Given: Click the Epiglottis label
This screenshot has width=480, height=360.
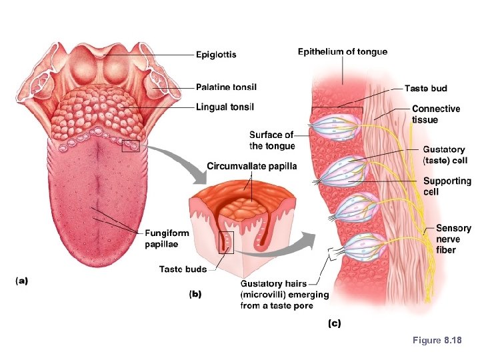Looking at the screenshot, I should pos(216,54).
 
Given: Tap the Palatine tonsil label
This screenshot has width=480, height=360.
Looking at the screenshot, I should pos(227,87).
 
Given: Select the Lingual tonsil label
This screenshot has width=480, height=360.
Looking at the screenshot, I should pos(225,107).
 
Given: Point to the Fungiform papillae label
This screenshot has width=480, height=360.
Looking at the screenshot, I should pos(167,238).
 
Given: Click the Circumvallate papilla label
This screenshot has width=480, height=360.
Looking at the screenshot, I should pos(251,166).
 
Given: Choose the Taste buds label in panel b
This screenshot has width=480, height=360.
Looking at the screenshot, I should pos(182,269).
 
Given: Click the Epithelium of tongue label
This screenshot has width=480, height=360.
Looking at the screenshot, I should pos(342,51).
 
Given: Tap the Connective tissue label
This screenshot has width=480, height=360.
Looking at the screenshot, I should pos(436,114).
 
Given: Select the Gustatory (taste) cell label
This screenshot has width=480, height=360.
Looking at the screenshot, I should pos(444,155).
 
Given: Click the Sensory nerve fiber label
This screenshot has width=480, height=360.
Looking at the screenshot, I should pos(453,239).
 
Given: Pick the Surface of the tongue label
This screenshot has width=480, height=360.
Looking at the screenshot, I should pos(271,141).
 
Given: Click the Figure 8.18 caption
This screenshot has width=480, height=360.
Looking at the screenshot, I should pos(437,341).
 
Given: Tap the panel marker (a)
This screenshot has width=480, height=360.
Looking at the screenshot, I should pos(21,281).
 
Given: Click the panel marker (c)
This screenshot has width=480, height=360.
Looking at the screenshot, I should pos(333,324).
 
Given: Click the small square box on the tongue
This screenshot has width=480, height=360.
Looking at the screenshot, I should pos(131,144).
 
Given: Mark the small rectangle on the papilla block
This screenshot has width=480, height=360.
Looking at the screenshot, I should pos(227,243).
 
